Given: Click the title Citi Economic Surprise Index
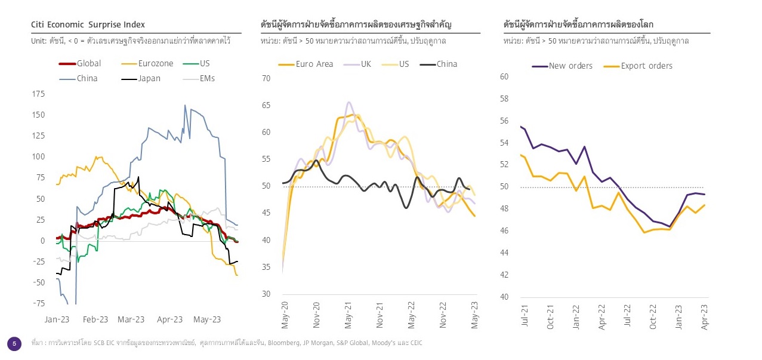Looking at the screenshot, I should [88, 25].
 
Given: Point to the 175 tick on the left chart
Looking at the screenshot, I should [38, 94].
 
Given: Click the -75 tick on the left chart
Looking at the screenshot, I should [38, 303].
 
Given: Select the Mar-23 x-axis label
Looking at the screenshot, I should [131, 319].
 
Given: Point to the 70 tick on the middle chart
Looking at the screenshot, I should [266, 78].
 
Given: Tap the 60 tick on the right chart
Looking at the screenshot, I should [504, 76].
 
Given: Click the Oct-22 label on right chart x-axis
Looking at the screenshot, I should [653, 316].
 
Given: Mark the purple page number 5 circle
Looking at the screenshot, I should [14, 343].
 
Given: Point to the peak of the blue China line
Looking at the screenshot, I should [184, 106].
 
